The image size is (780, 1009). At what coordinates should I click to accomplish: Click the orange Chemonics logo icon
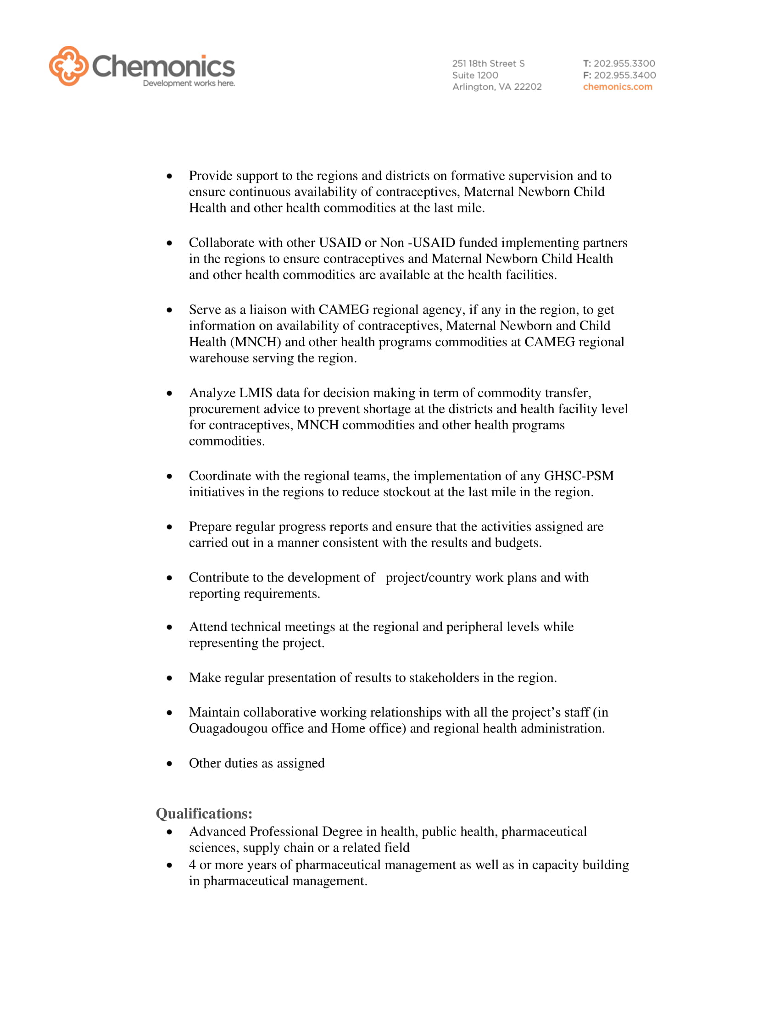point(68,66)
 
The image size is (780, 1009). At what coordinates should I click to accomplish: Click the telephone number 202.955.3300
point(624,63)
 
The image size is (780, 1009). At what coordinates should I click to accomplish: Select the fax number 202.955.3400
point(625,75)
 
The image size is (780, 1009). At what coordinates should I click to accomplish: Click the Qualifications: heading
point(204,814)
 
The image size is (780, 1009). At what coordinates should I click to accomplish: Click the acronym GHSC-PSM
point(579,476)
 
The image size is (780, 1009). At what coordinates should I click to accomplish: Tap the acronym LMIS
point(256,393)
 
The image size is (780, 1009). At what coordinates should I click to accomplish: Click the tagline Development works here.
point(189,83)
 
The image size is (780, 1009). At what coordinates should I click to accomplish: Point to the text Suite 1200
point(475,75)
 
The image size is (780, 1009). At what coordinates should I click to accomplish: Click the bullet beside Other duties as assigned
point(170,764)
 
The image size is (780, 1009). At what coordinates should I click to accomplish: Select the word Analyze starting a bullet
point(212,393)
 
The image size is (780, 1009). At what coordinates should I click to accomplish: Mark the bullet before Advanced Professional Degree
point(170,832)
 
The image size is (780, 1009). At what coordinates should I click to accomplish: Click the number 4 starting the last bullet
point(192,865)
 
